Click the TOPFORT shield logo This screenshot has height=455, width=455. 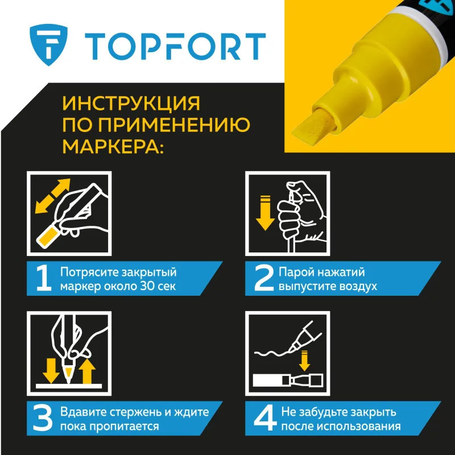49,45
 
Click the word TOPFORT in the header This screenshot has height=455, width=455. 175,47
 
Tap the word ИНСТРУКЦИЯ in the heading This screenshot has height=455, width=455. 131,104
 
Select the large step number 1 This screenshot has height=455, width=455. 44,278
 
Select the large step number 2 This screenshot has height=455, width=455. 264,278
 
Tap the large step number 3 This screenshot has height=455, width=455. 43,418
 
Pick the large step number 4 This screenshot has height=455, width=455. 264,418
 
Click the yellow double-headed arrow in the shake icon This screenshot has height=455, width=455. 52,196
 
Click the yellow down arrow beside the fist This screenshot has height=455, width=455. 265,213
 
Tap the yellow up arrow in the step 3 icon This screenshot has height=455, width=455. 87,371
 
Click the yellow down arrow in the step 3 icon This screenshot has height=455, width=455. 51,371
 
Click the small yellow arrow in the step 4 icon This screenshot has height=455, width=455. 304,361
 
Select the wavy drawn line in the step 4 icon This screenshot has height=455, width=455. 273,353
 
